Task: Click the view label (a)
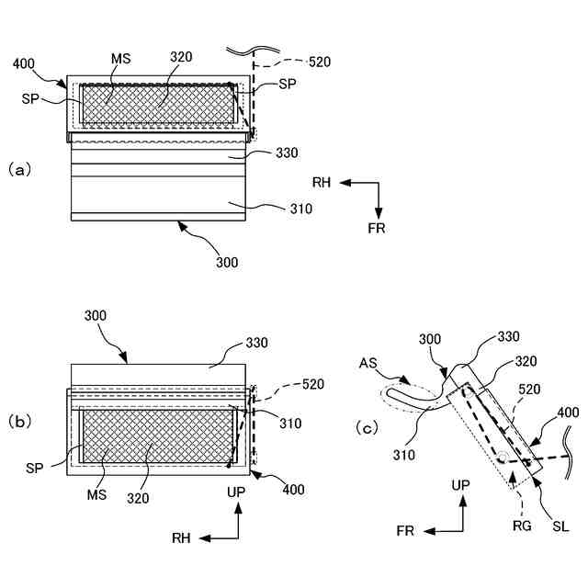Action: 20,169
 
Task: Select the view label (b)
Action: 20,422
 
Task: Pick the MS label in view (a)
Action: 119,59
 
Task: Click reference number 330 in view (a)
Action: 287,153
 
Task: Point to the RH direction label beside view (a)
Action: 322,183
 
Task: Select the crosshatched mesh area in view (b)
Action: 156,435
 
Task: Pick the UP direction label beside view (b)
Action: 237,492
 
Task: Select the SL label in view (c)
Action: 560,526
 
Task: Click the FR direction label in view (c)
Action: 405,531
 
